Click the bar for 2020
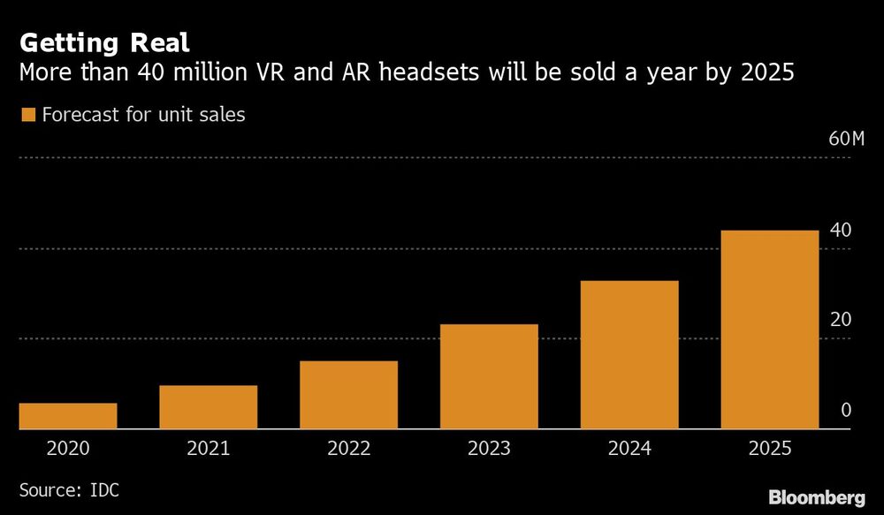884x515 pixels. pos(68,416)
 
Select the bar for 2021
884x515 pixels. pos(209,407)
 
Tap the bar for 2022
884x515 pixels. pos(348,395)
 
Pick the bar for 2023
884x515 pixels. pos(489,376)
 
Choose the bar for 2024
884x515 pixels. pos(629,354)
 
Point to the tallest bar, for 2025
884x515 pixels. pos(769,329)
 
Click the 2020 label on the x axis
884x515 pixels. pos(68,449)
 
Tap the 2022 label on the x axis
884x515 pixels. pos(348,449)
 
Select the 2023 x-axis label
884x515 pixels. pos(489,449)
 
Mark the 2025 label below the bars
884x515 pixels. pos(769,449)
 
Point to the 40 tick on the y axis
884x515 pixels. pos(841,231)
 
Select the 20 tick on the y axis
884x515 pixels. pos(841,320)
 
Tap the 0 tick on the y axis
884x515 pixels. pos(845,411)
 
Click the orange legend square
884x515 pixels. pos(27,115)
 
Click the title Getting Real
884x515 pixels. pos(103,42)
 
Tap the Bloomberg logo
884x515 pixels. pos(817,497)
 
